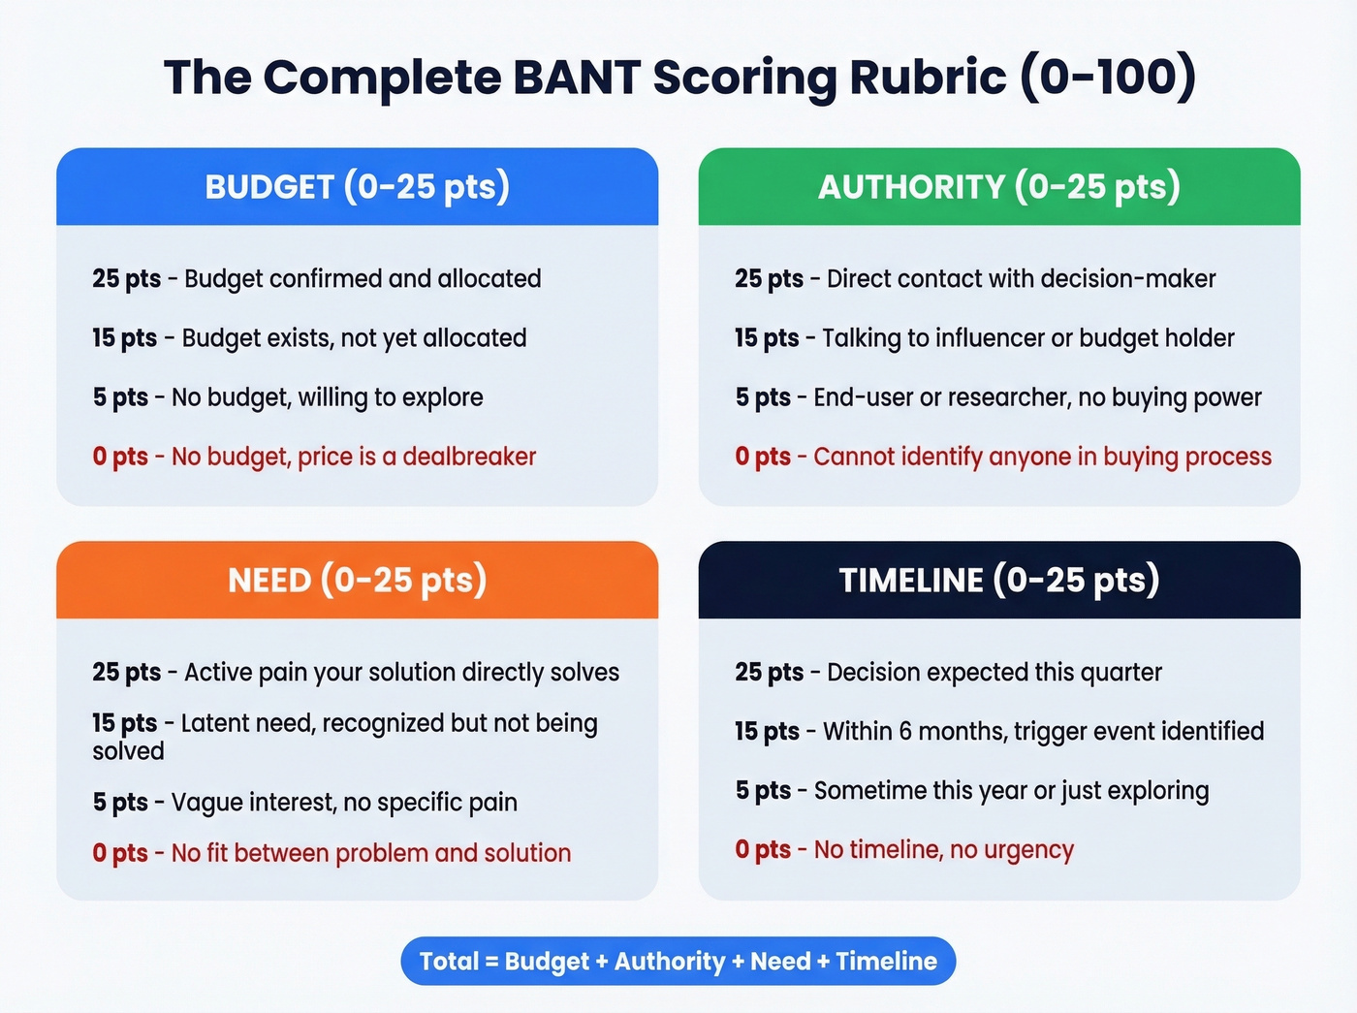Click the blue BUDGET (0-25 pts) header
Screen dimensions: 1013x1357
[x=357, y=187]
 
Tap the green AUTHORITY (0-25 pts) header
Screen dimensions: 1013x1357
[x=998, y=187]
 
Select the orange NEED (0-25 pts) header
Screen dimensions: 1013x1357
[x=357, y=580]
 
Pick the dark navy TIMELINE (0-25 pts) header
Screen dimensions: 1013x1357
[x=998, y=580]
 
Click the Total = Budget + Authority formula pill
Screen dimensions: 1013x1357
[x=678, y=961]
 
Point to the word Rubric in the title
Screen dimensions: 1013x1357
[x=928, y=78]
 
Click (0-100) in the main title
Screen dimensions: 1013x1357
[x=1108, y=78]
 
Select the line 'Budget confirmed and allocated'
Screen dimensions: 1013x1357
[x=363, y=279]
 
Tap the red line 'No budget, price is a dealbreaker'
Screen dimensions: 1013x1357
[x=354, y=457]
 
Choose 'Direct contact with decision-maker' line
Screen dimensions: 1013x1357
[x=1021, y=279]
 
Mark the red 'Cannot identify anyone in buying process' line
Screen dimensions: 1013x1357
[x=1042, y=457]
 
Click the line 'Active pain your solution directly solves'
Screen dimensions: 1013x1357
[x=401, y=672]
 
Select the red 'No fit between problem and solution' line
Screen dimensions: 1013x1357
[x=371, y=853]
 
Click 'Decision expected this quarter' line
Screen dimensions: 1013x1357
[x=994, y=672]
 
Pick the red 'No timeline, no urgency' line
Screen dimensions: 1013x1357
[x=943, y=850]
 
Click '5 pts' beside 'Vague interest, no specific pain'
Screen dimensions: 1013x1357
[x=120, y=803]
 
